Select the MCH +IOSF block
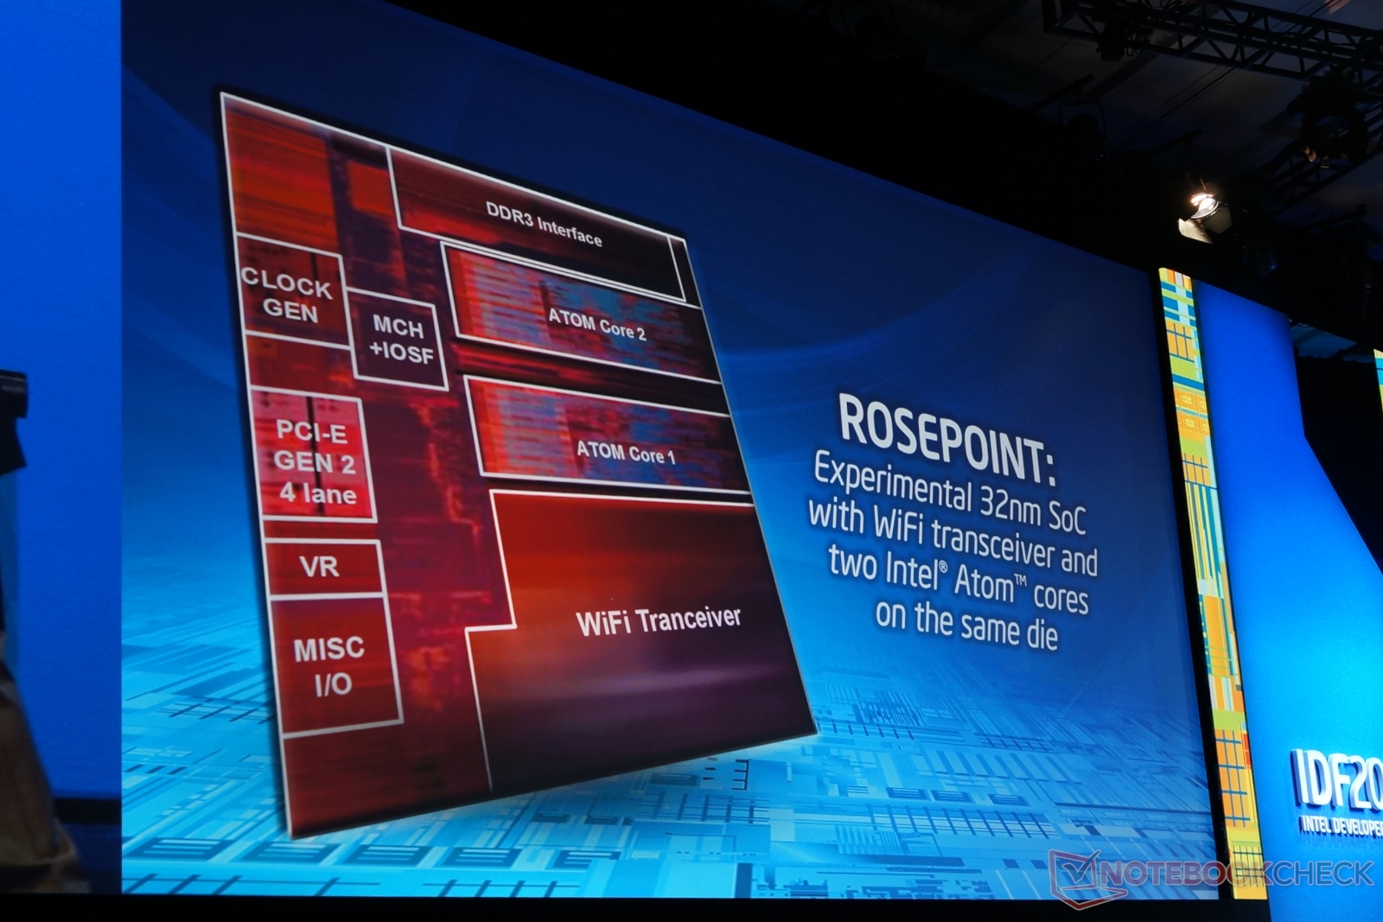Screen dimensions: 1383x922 [398, 340]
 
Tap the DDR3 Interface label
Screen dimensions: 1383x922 [544, 224]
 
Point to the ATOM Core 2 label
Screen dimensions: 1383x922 [597, 325]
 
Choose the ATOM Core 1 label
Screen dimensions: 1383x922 [626, 453]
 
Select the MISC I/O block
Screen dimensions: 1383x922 [332, 665]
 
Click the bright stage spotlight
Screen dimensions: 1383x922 [1202, 205]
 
